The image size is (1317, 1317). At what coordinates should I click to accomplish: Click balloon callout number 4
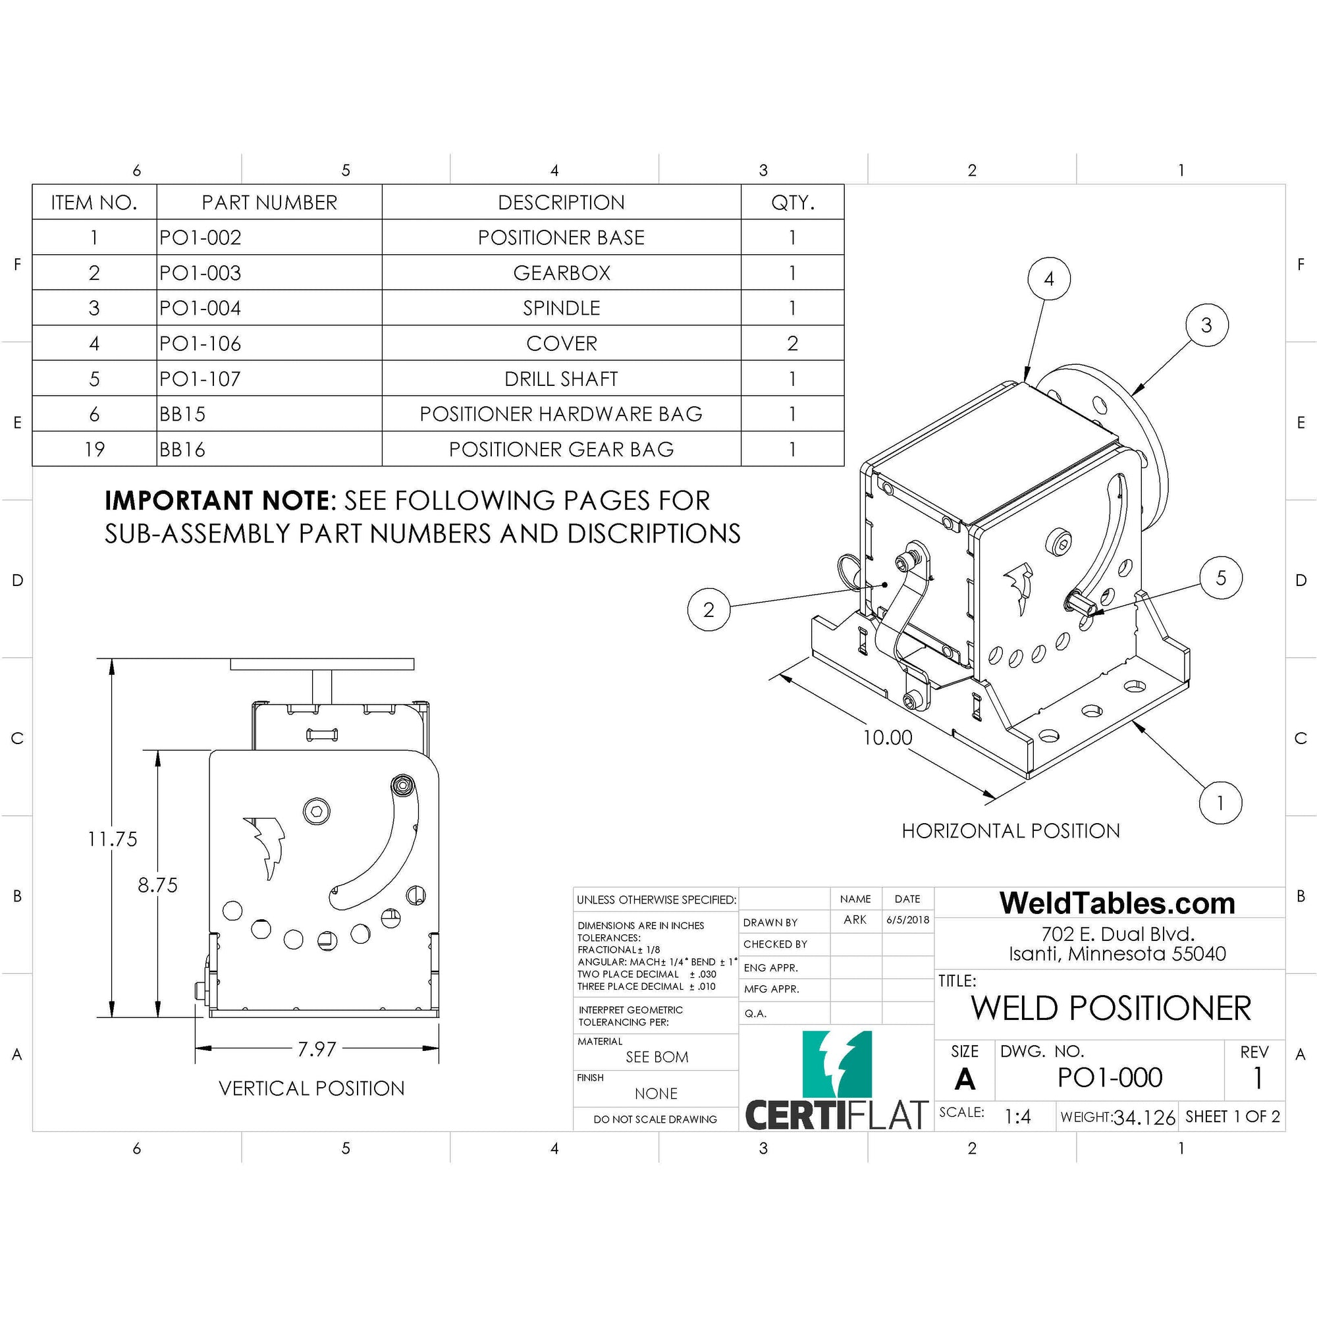[1048, 279]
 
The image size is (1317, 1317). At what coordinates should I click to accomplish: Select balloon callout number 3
[1206, 325]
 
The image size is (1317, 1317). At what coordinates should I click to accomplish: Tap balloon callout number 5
[1221, 578]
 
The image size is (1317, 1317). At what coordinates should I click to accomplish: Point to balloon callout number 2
[709, 609]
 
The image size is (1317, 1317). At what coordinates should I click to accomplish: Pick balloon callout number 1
[1220, 802]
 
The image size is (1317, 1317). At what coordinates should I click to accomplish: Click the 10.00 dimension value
[887, 738]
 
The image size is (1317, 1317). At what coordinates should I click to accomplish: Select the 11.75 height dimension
[113, 838]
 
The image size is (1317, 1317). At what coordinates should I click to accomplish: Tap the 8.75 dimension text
[157, 885]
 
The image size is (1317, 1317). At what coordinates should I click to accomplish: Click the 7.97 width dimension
[317, 1049]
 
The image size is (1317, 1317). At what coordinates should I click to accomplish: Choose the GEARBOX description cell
[561, 273]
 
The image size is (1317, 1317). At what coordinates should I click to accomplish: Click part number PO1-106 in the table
[200, 344]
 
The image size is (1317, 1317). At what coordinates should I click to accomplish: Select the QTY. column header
[792, 202]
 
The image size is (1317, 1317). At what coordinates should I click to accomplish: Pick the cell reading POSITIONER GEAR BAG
[561, 449]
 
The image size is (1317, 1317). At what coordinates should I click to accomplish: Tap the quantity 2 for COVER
[792, 344]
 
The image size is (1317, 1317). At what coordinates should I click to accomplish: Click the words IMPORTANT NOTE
[217, 501]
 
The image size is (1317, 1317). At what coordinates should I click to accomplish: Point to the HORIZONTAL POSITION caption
[1010, 831]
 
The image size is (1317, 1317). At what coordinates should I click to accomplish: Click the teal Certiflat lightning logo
[836, 1065]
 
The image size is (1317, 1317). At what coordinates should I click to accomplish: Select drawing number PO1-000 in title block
[1109, 1078]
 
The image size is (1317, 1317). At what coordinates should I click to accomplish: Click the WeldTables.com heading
[1117, 903]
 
